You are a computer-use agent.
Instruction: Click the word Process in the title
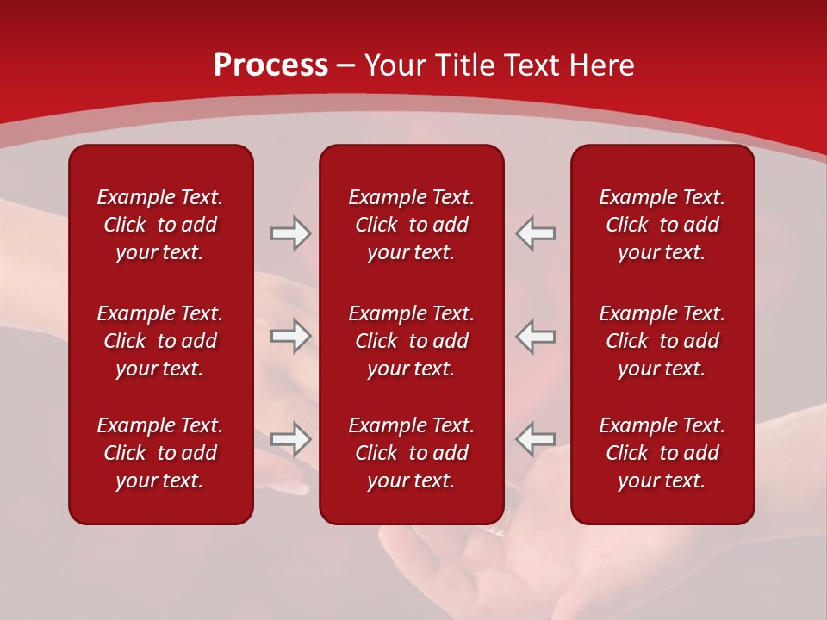point(270,65)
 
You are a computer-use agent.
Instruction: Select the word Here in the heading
point(602,65)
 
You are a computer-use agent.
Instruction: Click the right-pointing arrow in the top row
point(291,233)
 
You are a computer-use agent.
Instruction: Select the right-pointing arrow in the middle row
point(291,336)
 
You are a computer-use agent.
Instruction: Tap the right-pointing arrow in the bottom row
point(291,438)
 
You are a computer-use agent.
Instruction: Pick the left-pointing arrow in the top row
point(535,233)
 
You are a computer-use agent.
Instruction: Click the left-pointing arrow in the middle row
point(535,336)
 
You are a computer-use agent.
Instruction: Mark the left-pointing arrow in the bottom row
point(535,438)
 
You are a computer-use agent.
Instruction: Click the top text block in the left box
point(160,225)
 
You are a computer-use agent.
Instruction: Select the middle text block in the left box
point(160,341)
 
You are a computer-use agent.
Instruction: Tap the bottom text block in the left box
point(160,453)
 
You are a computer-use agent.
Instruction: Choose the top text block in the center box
point(411,225)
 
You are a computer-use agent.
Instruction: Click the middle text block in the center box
point(411,341)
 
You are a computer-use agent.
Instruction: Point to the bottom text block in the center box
point(411,453)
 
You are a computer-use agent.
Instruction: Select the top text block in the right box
point(662,225)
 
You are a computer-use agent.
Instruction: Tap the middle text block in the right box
point(662,341)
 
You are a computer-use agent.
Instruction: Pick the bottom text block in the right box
point(662,453)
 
